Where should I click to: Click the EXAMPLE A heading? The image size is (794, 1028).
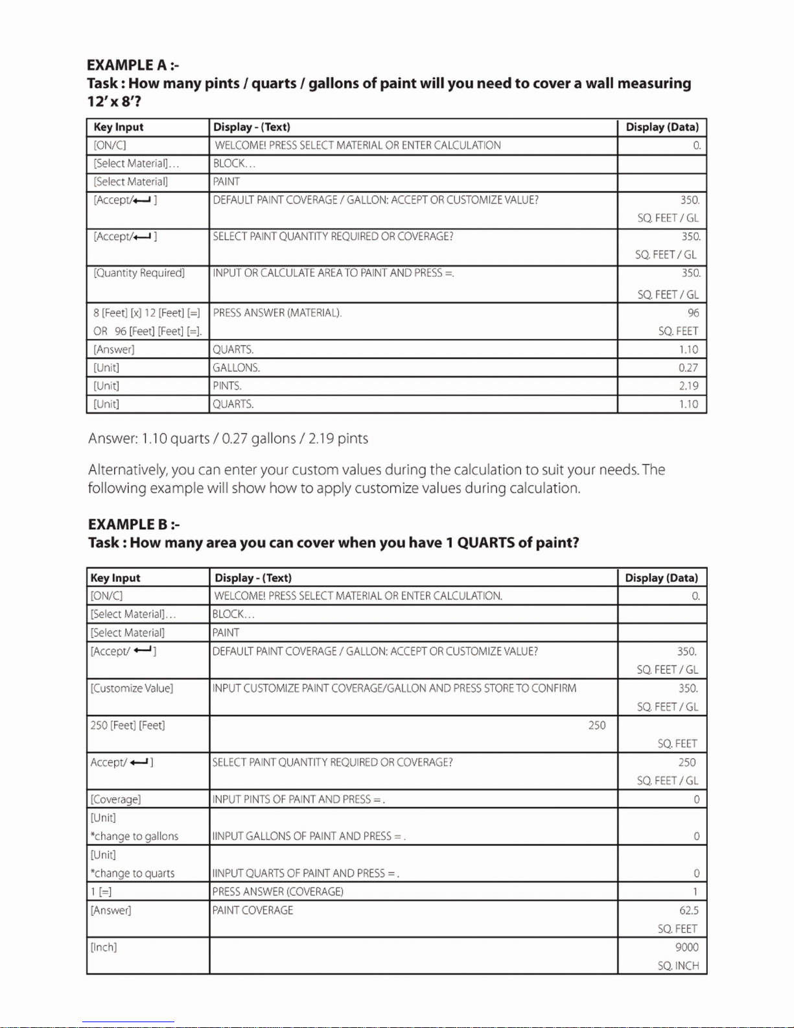pos(133,65)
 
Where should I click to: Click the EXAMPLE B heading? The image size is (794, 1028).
pos(134,524)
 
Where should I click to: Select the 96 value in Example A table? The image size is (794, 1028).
pos(693,313)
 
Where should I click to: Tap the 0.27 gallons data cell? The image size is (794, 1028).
pos(688,368)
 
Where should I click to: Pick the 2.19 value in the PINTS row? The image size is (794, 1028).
pos(688,386)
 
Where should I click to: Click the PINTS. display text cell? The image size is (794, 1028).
pos(228,386)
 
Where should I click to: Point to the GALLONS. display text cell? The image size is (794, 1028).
pos(237,368)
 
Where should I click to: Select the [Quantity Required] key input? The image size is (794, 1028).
pos(139,273)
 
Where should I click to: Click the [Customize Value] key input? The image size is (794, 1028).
pos(132,688)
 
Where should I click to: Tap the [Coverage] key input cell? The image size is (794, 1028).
pos(115,800)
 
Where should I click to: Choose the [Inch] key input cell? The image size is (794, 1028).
pos(104,948)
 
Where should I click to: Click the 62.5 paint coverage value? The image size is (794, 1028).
pos(688,911)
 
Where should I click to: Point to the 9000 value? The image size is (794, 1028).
pos(686,948)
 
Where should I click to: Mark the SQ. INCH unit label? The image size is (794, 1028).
pos(678,966)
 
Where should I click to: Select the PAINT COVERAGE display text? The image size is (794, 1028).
pos(253,911)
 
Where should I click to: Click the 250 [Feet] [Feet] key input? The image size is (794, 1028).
pos(128,725)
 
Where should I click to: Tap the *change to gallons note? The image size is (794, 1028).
pos(134,837)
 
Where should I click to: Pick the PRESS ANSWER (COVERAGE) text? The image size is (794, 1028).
pos(278,892)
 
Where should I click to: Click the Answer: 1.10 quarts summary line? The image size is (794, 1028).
pos(228,438)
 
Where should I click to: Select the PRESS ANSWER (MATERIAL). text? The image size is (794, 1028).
pos(277,313)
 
